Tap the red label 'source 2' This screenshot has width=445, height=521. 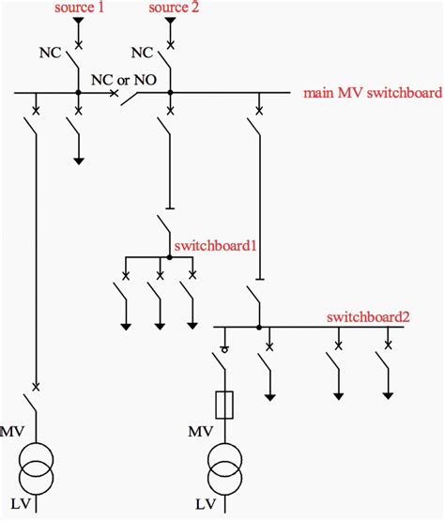[x=172, y=7]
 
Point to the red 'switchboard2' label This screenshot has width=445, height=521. [x=368, y=316]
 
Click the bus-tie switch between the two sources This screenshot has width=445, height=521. [x=141, y=94]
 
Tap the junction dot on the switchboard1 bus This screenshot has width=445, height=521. [x=170, y=256]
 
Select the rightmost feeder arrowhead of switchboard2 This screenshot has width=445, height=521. [x=386, y=394]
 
